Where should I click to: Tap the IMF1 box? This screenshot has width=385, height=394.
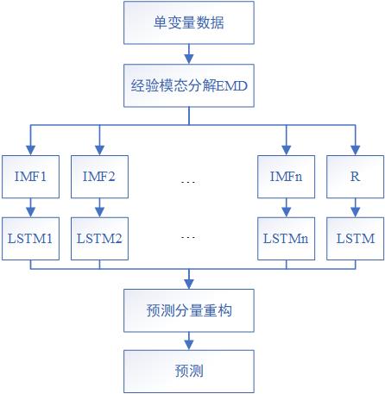[x=30, y=177]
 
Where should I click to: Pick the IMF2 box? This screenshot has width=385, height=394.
[x=99, y=177]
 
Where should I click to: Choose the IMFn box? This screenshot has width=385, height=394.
[x=285, y=177]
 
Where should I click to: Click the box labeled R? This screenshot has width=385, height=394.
[x=354, y=177]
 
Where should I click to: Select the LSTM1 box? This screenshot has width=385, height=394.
[x=30, y=237]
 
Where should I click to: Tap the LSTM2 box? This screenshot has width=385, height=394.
[x=99, y=237]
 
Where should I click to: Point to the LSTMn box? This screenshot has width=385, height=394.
[x=285, y=237]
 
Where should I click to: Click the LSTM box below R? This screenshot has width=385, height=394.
[x=354, y=237]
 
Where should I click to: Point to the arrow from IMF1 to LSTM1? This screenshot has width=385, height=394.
[x=30, y=207]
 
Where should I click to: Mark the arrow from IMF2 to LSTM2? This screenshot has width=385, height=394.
[x=99, y=207]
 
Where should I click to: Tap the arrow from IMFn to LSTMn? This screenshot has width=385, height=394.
[x=285, y=207]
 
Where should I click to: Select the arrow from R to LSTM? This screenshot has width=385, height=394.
[x=354, y=207]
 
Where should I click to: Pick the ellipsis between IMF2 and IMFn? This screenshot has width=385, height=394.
[x=189, y=181]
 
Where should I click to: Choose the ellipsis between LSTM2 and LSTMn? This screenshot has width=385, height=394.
[x=189, y=237]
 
